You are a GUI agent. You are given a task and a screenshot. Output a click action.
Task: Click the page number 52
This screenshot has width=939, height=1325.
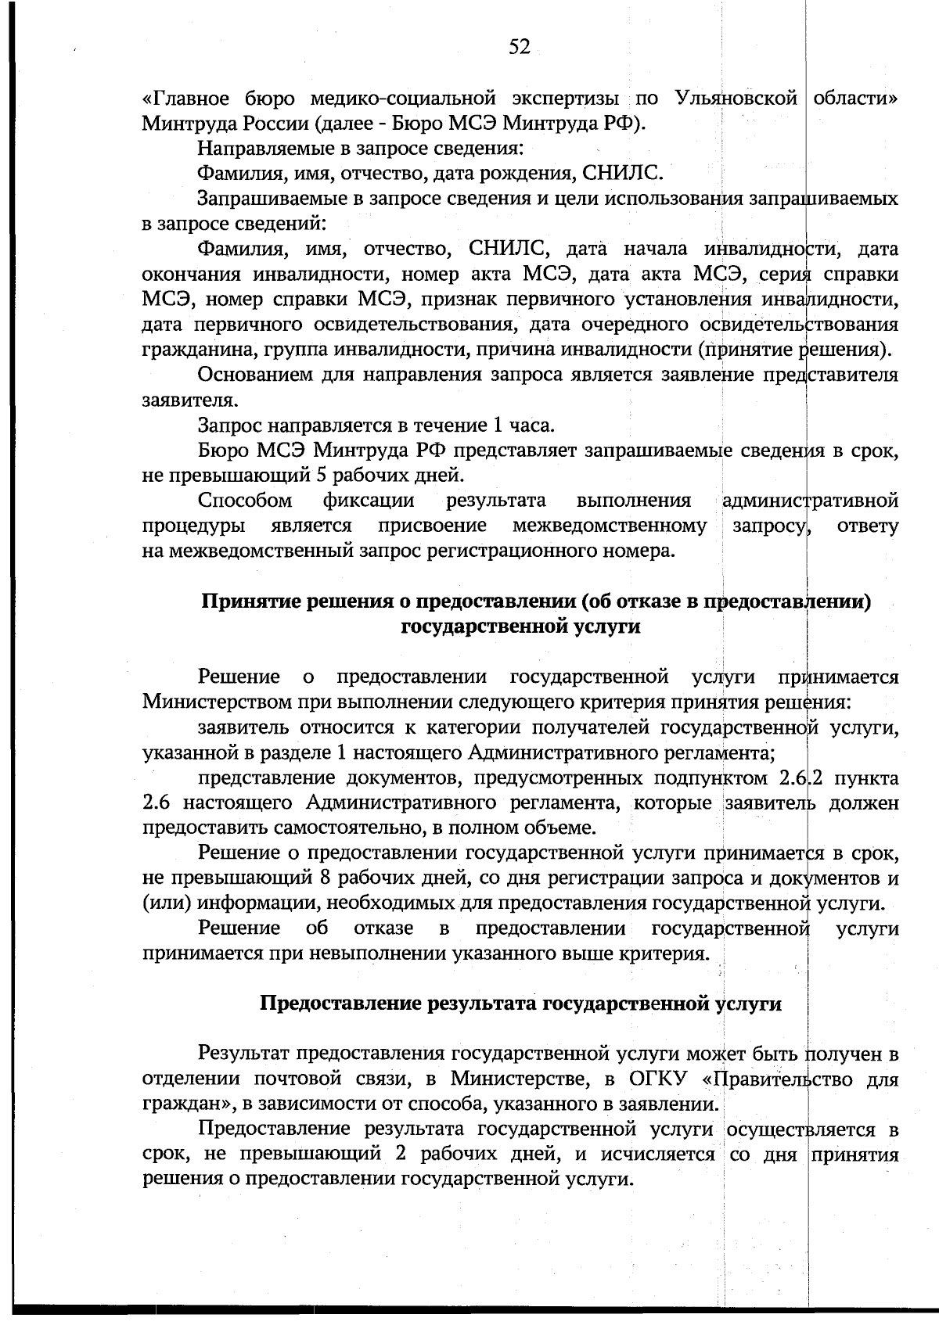coord(520,48)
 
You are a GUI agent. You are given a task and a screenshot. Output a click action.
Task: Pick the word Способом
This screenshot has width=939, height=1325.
coord(245,501)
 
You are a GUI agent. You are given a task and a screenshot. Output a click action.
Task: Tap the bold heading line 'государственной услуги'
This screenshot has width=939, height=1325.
coord(520,627)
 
